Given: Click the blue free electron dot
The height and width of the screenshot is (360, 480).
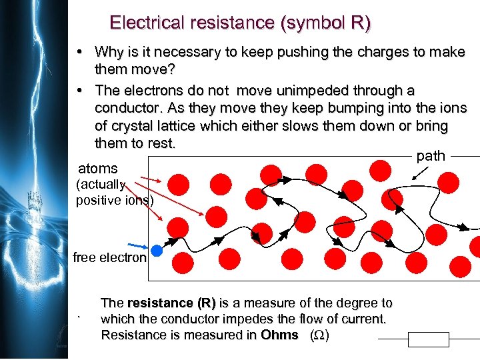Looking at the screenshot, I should click(x=157, y=251).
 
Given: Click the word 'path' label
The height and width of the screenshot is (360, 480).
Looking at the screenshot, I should click(x=431, y=156).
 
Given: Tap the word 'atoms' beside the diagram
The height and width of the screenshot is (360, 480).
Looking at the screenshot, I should click(x=97, y=169).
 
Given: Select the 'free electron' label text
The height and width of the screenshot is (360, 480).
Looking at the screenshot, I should click(x=109, y=257).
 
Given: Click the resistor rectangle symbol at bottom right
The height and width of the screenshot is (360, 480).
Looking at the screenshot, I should click(x=429, y=340).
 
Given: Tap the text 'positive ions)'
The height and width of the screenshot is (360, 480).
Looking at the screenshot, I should click(x=115, y=200).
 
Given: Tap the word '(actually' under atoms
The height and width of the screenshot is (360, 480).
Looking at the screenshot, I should click(x=100, y=185).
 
